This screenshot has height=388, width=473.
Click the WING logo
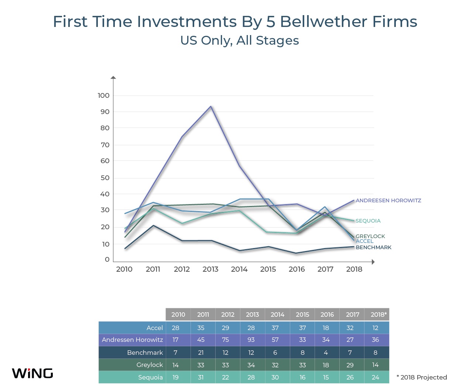coord(32,373)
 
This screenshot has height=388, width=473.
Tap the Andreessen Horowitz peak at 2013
coord(211,107)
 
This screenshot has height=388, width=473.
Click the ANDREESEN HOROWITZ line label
coord(388,200)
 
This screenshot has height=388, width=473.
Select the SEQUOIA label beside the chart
coord(368,221)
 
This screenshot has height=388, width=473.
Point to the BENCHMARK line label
coord(373,247)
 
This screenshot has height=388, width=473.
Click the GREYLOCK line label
coord(370,236)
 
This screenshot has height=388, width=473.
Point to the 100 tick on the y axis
coord(103,96)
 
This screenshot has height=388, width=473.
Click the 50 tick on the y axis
coord(105,178)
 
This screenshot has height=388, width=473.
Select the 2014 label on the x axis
coord(239,269)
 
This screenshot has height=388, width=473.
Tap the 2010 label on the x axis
coord(124,269)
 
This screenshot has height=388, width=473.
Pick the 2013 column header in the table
coord(253,315)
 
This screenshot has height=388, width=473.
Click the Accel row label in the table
coord(154,328)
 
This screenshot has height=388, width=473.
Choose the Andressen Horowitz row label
coord(132,340)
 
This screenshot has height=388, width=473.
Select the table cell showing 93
coord(251,340)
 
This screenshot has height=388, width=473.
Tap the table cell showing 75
coord(226,340)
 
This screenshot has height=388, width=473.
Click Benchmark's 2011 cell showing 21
coord(201,353)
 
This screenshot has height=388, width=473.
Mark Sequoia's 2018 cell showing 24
coord(376,377)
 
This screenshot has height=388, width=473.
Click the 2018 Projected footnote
coord(422,377)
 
